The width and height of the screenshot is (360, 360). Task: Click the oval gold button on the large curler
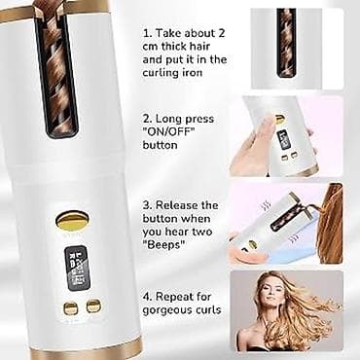point(72,221)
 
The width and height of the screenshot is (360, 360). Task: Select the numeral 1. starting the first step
point(148,33)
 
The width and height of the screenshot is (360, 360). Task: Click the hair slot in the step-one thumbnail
point(286,43)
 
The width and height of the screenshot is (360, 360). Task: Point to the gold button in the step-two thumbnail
point(279,120)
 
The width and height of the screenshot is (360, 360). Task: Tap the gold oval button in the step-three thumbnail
point(252,244)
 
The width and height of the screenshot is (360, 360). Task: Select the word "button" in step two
point(160,145)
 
